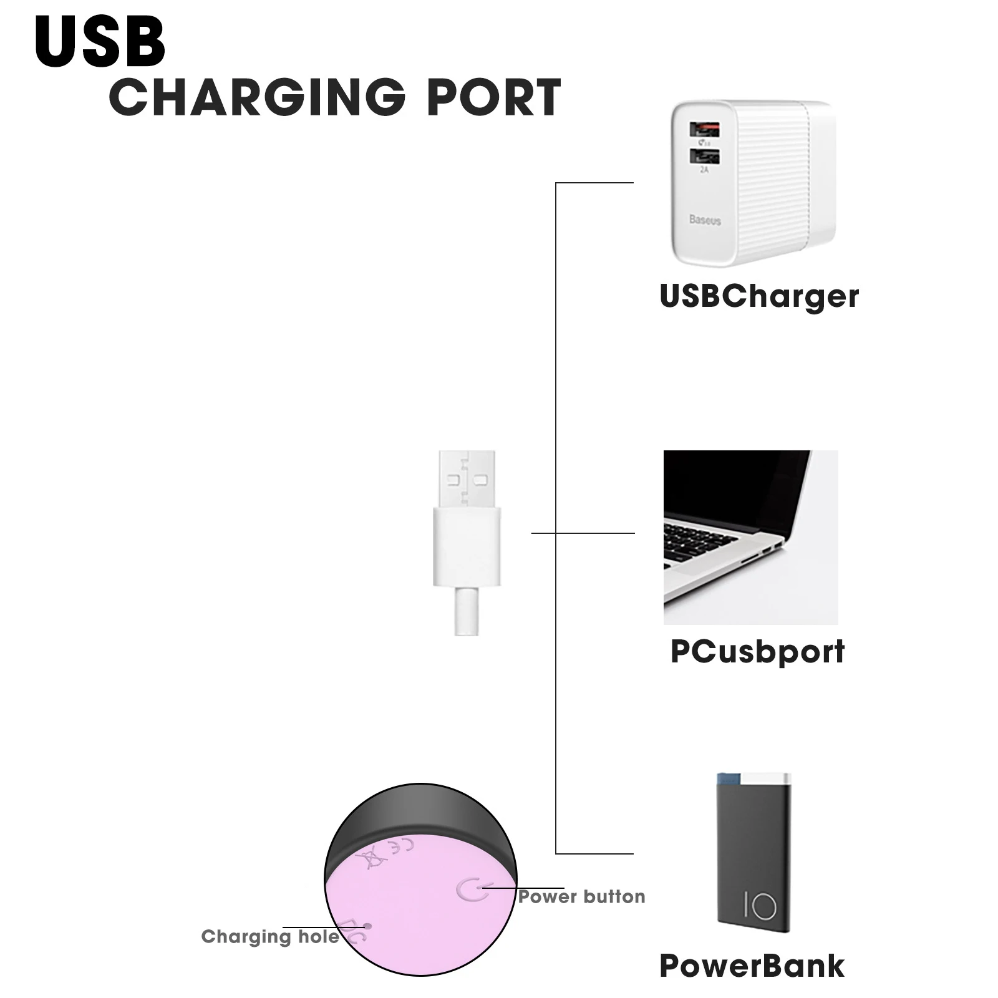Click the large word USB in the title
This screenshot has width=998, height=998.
(x=100, y=42)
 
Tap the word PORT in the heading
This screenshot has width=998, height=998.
(x=493, y=97)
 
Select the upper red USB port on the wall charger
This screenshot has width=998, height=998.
(x=704, y=130)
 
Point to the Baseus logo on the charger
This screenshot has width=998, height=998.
(x=705, y=220)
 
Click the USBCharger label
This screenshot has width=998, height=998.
(x=759, y=296)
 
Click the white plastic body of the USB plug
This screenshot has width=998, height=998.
(x=467, y=546)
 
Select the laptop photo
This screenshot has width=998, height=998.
(x=750, y=537)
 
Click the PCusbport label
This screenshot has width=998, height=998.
(x=757, y=651)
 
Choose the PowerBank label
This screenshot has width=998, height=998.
(x=752, y=966)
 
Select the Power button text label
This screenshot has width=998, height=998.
(x=581, y=897)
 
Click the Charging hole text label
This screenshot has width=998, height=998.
(x=270, y=936)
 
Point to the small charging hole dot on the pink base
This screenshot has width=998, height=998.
(x=367, y=927)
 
